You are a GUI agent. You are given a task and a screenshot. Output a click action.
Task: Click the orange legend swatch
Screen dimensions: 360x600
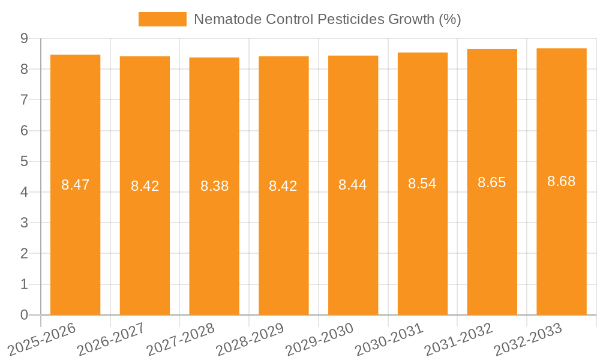163,19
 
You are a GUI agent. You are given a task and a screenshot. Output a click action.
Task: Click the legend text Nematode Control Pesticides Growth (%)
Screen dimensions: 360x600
327,19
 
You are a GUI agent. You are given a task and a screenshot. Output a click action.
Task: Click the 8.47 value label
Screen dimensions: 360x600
75,185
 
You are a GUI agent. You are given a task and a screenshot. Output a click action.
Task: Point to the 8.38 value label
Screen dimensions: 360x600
214,186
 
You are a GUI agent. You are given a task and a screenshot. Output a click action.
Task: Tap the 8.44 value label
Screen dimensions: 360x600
353,185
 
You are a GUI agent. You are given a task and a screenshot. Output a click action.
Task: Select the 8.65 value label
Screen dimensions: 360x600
492,182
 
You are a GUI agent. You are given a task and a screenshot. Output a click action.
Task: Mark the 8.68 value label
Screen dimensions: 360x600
562,181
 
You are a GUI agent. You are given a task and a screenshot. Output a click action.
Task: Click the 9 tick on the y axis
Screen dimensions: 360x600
24,38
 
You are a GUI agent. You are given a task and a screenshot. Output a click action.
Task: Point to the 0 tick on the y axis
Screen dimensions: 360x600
24,315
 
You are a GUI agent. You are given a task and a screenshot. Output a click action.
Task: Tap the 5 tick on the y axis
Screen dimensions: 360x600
24,161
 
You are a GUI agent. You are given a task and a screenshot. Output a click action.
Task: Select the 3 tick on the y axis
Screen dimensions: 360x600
24,223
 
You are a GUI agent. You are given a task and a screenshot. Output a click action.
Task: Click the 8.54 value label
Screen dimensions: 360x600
422,184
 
